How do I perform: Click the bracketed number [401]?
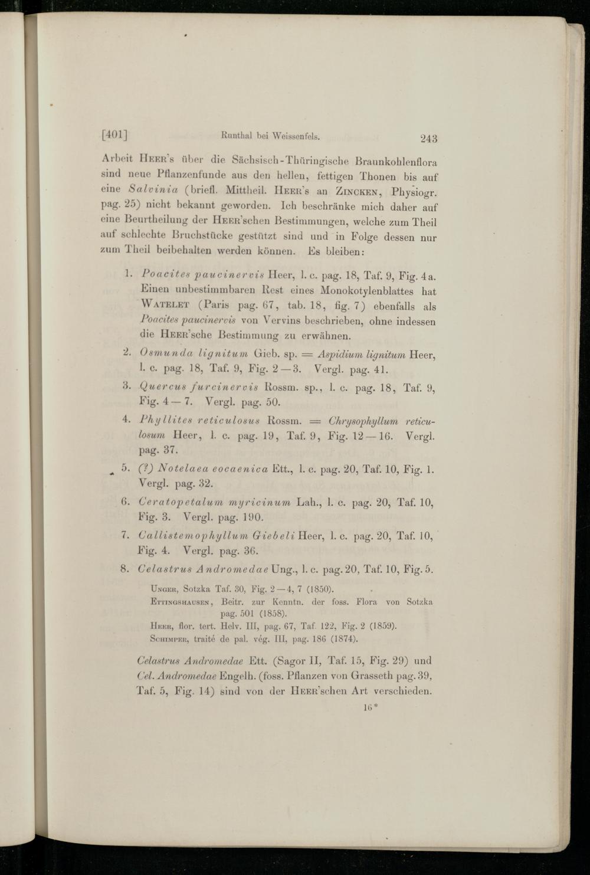pyautogui.click(x=115, y=135)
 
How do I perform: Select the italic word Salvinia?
pyautogui.click(x=153, y=189)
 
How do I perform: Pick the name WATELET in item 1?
pyautogui.click(x=165, y=305)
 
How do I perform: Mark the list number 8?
pyautogui.click(x=124, y=569)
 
